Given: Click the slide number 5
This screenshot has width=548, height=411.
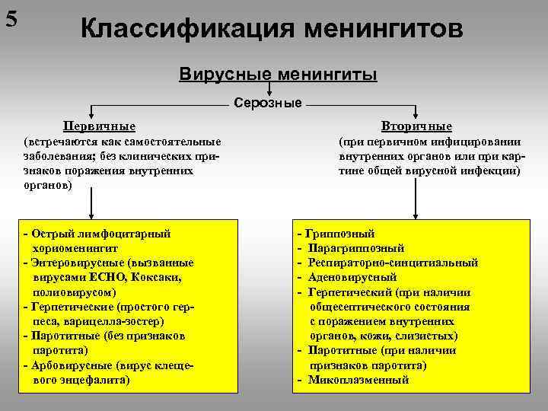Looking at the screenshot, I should (x=12, y=18).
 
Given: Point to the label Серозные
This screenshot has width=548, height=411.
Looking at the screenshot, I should (x=267, y=103).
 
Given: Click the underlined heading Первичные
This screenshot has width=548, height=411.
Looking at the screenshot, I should (x=100, y=126).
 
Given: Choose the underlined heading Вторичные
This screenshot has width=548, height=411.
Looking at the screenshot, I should (x=418, y=126).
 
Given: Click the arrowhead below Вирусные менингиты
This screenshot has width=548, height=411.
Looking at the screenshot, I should (x=269, y=93).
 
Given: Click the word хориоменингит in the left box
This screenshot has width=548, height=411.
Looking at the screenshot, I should (x=75, y=248).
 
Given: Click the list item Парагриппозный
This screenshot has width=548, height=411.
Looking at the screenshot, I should (x=356, y=248).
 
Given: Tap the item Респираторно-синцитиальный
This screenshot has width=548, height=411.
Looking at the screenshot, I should (x=393, y=263).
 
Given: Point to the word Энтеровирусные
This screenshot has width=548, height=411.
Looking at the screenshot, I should (x=72, y=263).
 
